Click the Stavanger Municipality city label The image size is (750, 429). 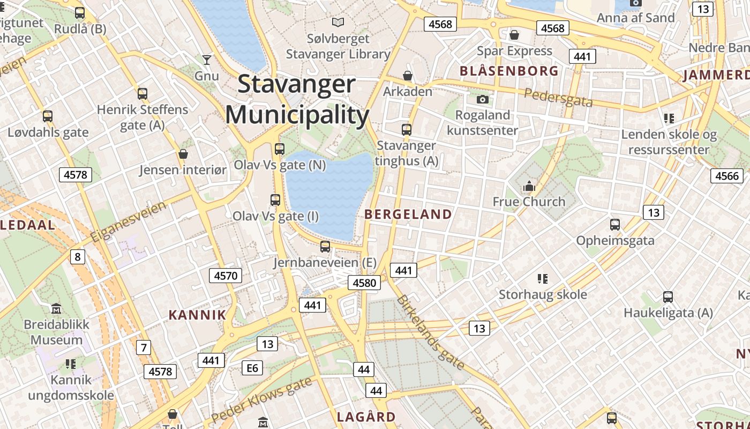[x=297, y=100]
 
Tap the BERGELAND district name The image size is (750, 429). [x=408, y=214]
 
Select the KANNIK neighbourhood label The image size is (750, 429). [x=198, y=315]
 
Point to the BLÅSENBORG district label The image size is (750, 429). [x=509, y=71]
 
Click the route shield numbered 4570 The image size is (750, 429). [x=225, y=276]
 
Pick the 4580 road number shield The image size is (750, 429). [x=365, y=283]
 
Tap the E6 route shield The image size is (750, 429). [x=252, y=367]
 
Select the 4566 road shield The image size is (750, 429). [x=727, y=175]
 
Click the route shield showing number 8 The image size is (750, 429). [x=78, y=257]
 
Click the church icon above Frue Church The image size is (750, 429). [x=529, y=187]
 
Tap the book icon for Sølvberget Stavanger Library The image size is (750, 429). [x=337, y=23]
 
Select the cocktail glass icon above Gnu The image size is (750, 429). [x=207, y=60]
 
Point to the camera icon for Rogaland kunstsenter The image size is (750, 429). [x=482, y=99]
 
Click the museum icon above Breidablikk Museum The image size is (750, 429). [x=56, y=309]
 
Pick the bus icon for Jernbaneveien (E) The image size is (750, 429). [x=325, y=247]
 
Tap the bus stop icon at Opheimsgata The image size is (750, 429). [x=615, y=225]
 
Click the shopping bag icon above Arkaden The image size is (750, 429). [x=408, y=76]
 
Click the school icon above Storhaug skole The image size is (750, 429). [x=543, y=279]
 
